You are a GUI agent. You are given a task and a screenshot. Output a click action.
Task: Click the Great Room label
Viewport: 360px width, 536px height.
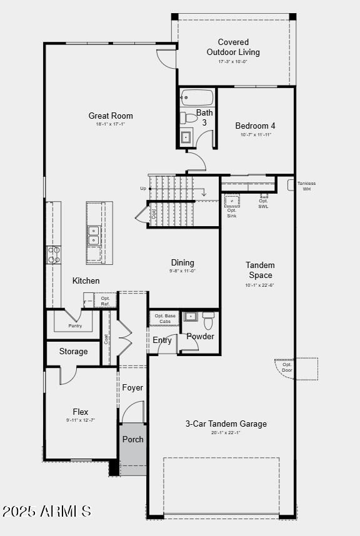(111, 116)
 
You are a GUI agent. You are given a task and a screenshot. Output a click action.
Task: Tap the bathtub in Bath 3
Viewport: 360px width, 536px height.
(197, 98)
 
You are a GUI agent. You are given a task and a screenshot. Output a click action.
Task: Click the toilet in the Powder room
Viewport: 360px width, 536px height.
(209, 321)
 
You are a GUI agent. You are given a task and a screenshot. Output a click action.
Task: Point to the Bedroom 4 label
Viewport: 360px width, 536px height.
(256, 126)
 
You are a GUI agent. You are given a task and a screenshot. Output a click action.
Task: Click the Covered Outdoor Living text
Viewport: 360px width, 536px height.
(233, 47)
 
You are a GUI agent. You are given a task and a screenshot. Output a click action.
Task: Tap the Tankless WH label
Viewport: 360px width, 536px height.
(306, 186)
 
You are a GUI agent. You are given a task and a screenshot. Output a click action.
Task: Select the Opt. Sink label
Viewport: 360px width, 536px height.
(232, 213)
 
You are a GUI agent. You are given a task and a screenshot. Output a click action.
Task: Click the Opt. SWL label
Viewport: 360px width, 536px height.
(263, 204)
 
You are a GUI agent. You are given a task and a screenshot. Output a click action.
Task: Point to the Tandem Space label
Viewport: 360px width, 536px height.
(260, 270)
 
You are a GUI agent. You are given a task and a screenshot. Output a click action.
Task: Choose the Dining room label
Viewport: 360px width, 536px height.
(182, 263)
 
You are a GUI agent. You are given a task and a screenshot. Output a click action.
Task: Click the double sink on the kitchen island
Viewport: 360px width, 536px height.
(94, 236)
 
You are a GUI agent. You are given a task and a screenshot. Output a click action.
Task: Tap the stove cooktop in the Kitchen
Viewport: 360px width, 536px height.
(54, 254)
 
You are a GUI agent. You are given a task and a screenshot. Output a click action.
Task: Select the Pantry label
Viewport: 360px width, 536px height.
(75, 326)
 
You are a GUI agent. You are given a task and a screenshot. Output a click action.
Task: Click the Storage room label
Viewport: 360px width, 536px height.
(74, 352)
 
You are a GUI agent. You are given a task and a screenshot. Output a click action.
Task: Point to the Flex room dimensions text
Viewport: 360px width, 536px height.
(80, 420)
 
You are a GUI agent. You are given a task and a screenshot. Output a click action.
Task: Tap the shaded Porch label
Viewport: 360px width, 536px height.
(132, 439)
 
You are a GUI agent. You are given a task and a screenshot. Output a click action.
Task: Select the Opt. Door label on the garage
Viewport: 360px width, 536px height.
(287, 367)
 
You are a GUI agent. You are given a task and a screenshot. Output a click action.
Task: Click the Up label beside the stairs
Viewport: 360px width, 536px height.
(143, 188)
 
